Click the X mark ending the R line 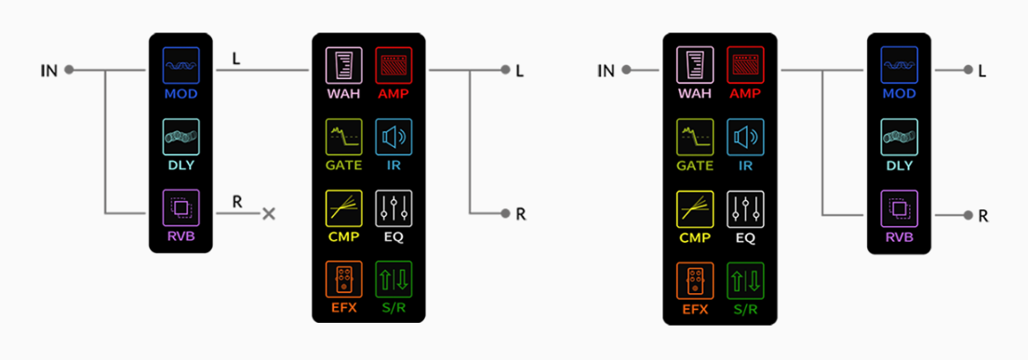coord(269,214)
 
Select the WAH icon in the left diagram coord(343,67)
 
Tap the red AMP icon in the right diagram coord(745,67)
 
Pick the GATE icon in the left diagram coord(343,138)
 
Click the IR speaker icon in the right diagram coord(745,138)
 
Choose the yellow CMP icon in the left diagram coord(343,208)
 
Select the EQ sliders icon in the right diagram coord(745,208)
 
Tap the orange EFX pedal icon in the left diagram coord(343,280)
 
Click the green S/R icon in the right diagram coord(745,280)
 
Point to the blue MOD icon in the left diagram coord(181,67)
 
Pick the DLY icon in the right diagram coord(900,138)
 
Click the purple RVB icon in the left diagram coord(181,208)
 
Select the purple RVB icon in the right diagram coord(900,208)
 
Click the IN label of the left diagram coord(49,70)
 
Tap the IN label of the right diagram coord(606,70)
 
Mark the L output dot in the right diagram coord(968,70)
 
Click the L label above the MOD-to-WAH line coord(237,57)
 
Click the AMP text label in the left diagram coord(392,95)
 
